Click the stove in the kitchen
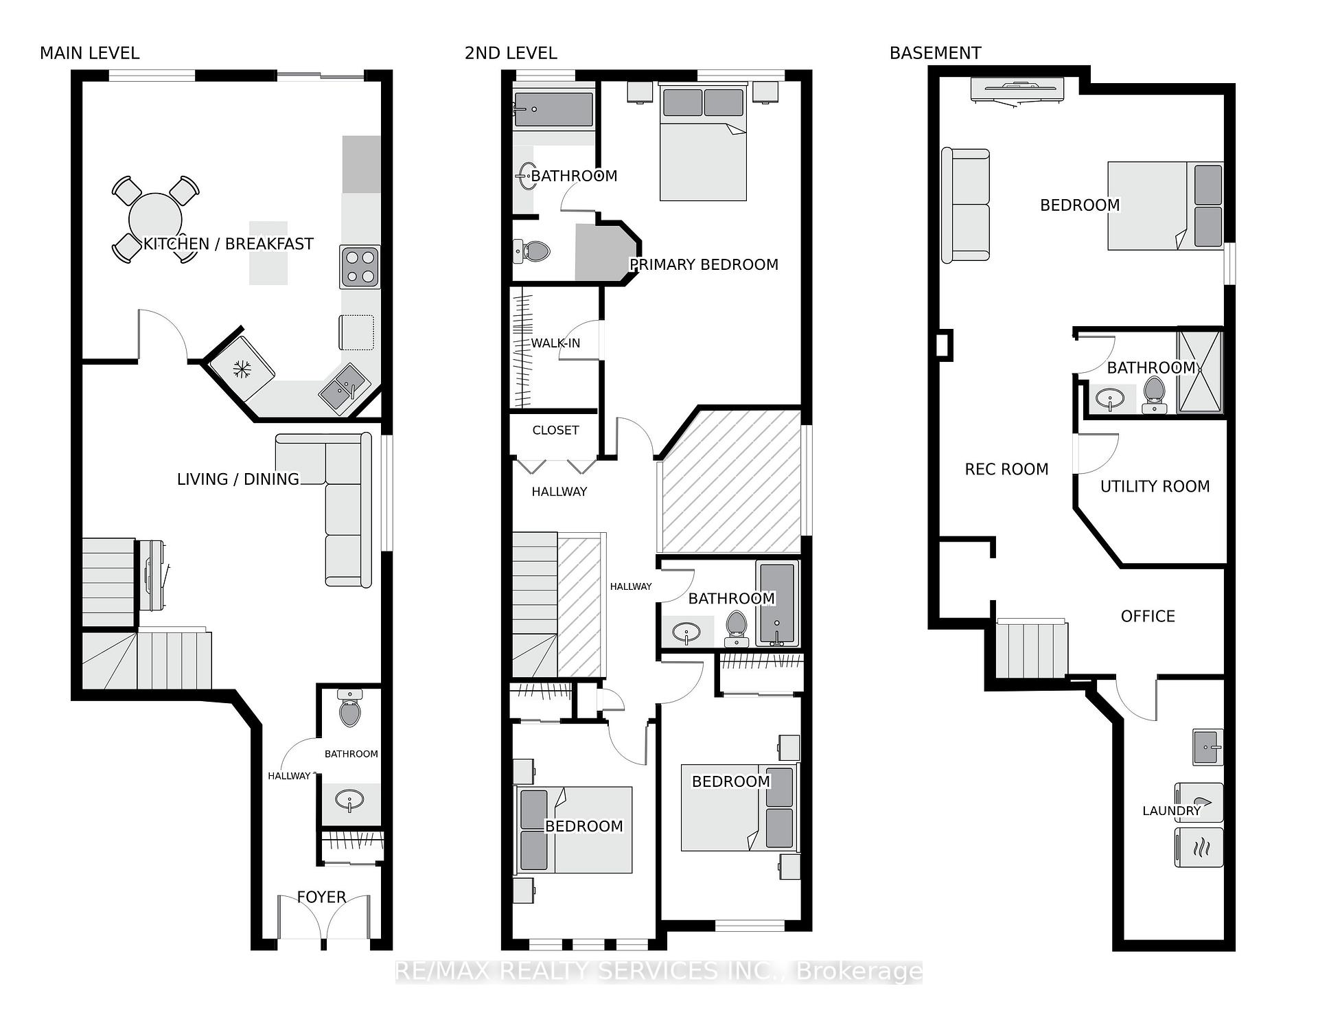(360, 267)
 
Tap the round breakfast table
(155, 219)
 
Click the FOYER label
(321, 897)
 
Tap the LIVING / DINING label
(238, 479)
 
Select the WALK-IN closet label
(555, 343)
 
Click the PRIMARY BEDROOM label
(704, 264)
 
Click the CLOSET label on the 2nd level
(555, 430)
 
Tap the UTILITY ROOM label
(1155, 486)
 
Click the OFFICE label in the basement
(1148, 616)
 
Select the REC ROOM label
(1006, 469)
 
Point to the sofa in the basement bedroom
(965, 205)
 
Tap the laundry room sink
(1208, 747)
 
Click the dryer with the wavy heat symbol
(1199, 847)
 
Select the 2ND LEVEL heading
(511, 53)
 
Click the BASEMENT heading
(935, 53)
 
